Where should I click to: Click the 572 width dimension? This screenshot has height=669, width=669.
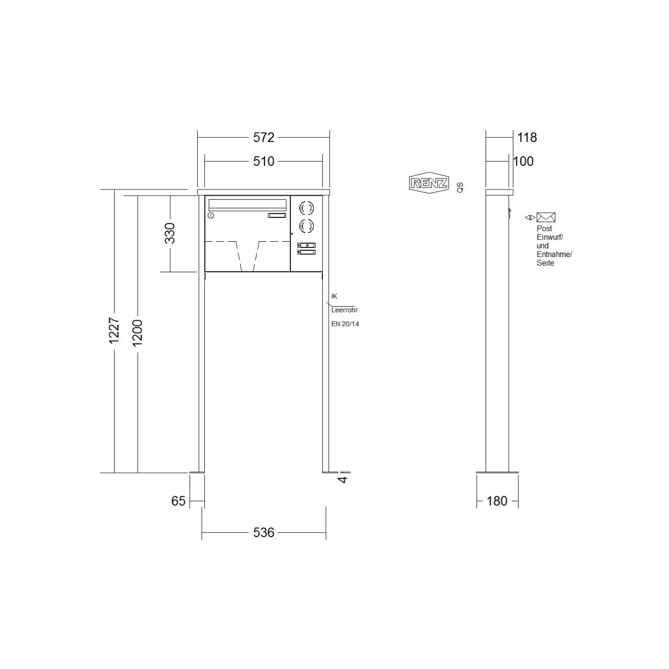tap(264, 137)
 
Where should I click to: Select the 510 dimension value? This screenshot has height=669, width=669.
tap(264, 162)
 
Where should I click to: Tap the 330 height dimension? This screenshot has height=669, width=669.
tap(170, 233)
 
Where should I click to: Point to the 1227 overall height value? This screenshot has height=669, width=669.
tap(114, 330)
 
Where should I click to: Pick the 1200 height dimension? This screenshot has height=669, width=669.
tap(137, 333)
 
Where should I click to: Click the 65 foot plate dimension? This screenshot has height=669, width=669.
tap(178, 501)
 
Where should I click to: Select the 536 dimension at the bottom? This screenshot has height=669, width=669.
tap(264, 533)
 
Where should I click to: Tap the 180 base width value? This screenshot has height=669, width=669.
tap(497, 501)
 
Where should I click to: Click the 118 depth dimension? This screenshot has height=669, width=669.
tap(527, 137)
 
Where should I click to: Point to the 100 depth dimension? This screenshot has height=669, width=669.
tap(524, 162)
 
